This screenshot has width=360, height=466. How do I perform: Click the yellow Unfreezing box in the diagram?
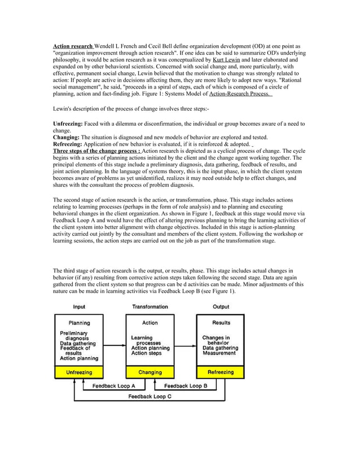click(x=79, y=372)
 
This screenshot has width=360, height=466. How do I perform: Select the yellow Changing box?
click(x=150, y=372)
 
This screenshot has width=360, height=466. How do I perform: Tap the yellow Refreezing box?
click(x=220, y=372)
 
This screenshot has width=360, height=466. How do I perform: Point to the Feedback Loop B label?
click(x=186, y=386)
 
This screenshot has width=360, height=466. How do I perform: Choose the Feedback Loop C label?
click(x=150, y=397)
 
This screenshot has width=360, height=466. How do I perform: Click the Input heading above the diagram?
click(x=80, y=307)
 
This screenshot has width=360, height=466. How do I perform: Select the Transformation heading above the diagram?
click(x=150, y=307)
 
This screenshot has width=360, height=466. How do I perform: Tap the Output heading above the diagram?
click(x=221, y=307)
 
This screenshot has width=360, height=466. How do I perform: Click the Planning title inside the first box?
click(x=80, y=323)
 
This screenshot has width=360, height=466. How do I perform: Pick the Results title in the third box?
click(x=221, y=323)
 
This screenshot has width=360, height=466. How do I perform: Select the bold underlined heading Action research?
click(x=73, y=45)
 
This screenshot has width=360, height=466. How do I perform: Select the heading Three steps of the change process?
click(x=96, y=151)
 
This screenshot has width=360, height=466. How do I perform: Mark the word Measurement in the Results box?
click(x=219, y=353)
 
